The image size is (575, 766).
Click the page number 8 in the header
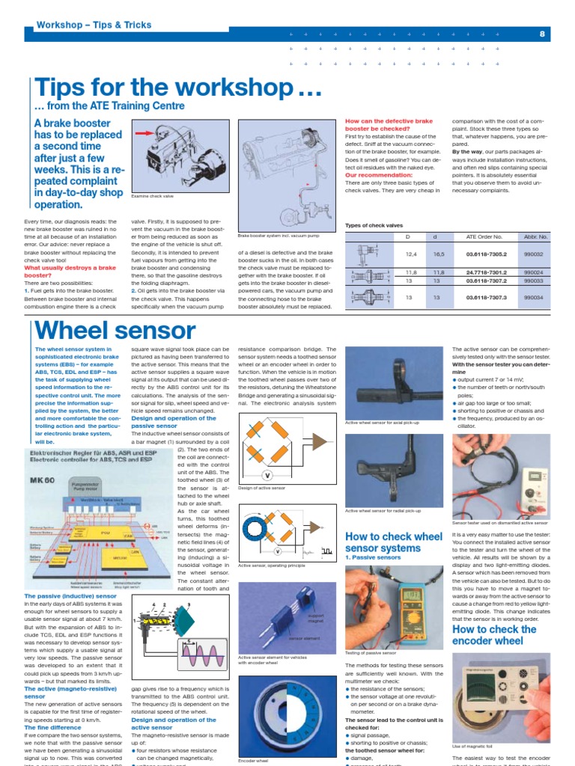[541, 34]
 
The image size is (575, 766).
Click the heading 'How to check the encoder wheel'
[494, 634]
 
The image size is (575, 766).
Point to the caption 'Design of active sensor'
[263, 488]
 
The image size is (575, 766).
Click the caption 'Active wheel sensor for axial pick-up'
[382, 423]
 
